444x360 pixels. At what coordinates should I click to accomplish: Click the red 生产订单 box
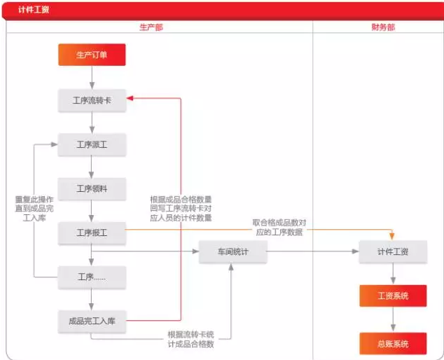92,55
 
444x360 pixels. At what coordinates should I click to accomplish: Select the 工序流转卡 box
92,101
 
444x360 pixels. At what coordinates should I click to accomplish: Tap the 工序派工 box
92,145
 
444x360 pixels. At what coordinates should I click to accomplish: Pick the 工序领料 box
92,189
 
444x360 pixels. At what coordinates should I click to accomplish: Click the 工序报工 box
92,233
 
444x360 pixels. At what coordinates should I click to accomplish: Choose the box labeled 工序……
92,277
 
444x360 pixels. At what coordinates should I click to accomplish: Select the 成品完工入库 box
92,321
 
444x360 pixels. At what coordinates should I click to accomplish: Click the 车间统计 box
233,252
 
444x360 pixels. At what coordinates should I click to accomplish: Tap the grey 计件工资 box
393,252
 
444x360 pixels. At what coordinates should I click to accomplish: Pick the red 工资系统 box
393,296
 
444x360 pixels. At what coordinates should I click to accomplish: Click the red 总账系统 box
393,344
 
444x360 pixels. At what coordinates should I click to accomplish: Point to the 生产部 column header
151,27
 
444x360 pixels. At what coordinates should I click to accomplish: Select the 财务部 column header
383,27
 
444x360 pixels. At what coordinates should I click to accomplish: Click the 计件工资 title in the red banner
34,10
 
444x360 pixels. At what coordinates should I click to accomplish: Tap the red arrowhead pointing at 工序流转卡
130,98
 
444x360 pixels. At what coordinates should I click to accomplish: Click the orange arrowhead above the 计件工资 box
392,235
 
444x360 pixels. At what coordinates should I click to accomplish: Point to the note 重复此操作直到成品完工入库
34,209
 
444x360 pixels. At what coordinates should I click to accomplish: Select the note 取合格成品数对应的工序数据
279,228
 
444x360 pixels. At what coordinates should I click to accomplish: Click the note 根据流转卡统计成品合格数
191,339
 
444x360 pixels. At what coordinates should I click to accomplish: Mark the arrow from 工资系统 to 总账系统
393,319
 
